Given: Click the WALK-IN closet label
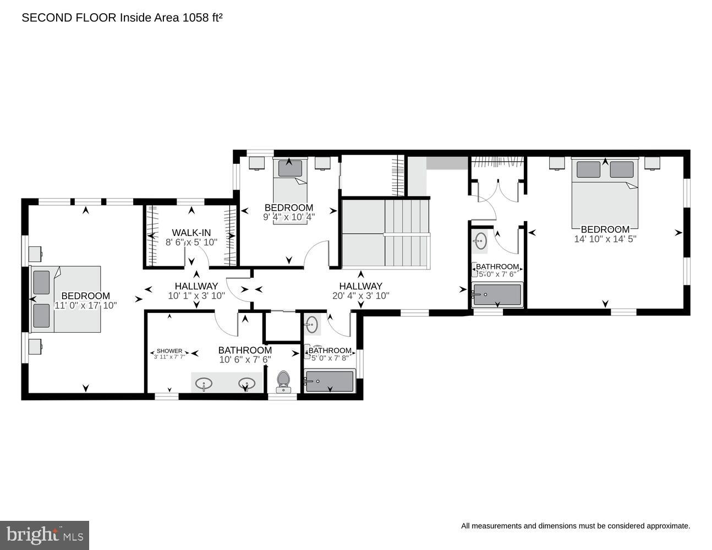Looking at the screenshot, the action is point(191,233).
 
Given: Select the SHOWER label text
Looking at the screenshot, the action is point(169,351).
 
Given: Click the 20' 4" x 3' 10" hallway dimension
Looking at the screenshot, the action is point(361,296).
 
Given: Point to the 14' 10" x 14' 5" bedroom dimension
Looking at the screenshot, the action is point(605,239).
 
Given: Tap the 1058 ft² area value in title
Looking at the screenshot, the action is point(202,18).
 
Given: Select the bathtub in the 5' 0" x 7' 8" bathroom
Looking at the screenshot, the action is point(330,381).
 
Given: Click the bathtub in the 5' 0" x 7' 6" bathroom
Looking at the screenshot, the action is point(497,295).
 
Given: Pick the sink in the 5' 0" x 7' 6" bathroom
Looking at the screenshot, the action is point(481,241).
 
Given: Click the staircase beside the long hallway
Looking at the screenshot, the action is point(386,234).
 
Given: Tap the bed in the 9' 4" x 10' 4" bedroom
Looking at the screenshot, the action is point(290,191).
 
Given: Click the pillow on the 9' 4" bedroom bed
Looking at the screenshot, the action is point(290,168).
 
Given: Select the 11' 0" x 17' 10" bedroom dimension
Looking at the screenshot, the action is point(85,305).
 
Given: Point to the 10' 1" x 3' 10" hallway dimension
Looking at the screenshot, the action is point(196,296).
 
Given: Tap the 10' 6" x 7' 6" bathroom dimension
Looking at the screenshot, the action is point(245,360).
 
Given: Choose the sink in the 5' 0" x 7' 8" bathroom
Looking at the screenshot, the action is point(311,324).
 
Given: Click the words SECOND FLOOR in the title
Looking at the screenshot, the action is point(69,18).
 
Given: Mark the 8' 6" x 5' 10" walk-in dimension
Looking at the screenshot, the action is point(191,242).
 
